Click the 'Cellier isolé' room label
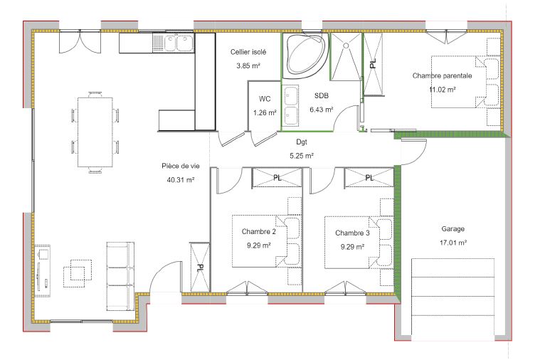click(x=248, y=53)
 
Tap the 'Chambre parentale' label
click(x=442, y=75)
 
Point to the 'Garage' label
click(x=453, y=229)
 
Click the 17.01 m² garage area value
click(x=453, y=243)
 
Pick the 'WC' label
click(x=265, y=99)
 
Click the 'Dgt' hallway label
click(x=301, y=142)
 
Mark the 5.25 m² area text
click(x=301, y=154)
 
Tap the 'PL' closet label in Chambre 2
click(x=277, y=177)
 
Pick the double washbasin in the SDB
click(x=290, y=105)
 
